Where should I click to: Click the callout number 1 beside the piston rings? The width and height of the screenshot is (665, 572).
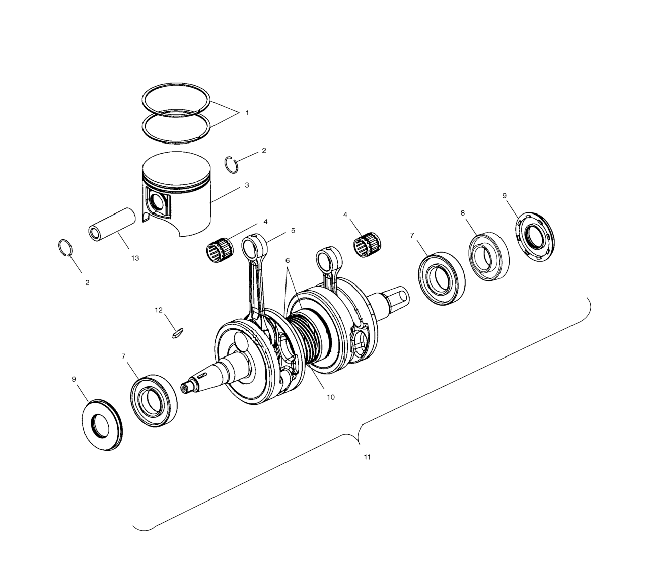[x=247, y=113]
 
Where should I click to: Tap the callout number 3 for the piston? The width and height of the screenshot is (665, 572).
[x=247, y=185]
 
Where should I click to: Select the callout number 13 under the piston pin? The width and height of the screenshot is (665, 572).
[x=135, y=258]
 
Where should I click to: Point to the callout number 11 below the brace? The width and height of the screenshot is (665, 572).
[x=367, y=457]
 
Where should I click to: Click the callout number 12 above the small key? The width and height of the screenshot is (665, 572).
[x=159, y=310]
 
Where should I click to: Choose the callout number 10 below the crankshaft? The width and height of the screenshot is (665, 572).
[x=331, y=397]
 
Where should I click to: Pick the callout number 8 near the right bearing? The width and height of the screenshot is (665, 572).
[x=463, y=213]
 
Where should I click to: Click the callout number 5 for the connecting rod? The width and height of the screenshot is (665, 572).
[x=293, y=230]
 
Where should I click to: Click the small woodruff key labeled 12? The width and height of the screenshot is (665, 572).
[x=177, y=333]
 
